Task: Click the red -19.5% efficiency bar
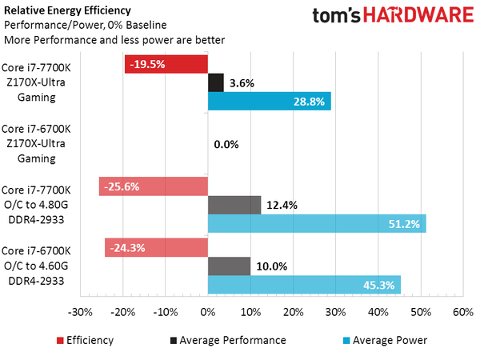point(166,64)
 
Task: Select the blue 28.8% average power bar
point(269,102)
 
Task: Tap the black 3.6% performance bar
point(216,82)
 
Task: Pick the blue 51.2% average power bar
point(317,223)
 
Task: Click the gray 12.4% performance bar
point(234,205)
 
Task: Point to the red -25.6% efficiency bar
point(154,186)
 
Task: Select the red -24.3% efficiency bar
point(156,248)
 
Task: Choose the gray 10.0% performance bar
point(230,266)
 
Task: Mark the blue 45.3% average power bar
point(304,285)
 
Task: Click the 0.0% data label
point(226,145)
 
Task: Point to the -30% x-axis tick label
point(81,312)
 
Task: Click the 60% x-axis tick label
point(462,312)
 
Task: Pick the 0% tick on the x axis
point(208,312)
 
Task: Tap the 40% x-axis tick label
point(378,312)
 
